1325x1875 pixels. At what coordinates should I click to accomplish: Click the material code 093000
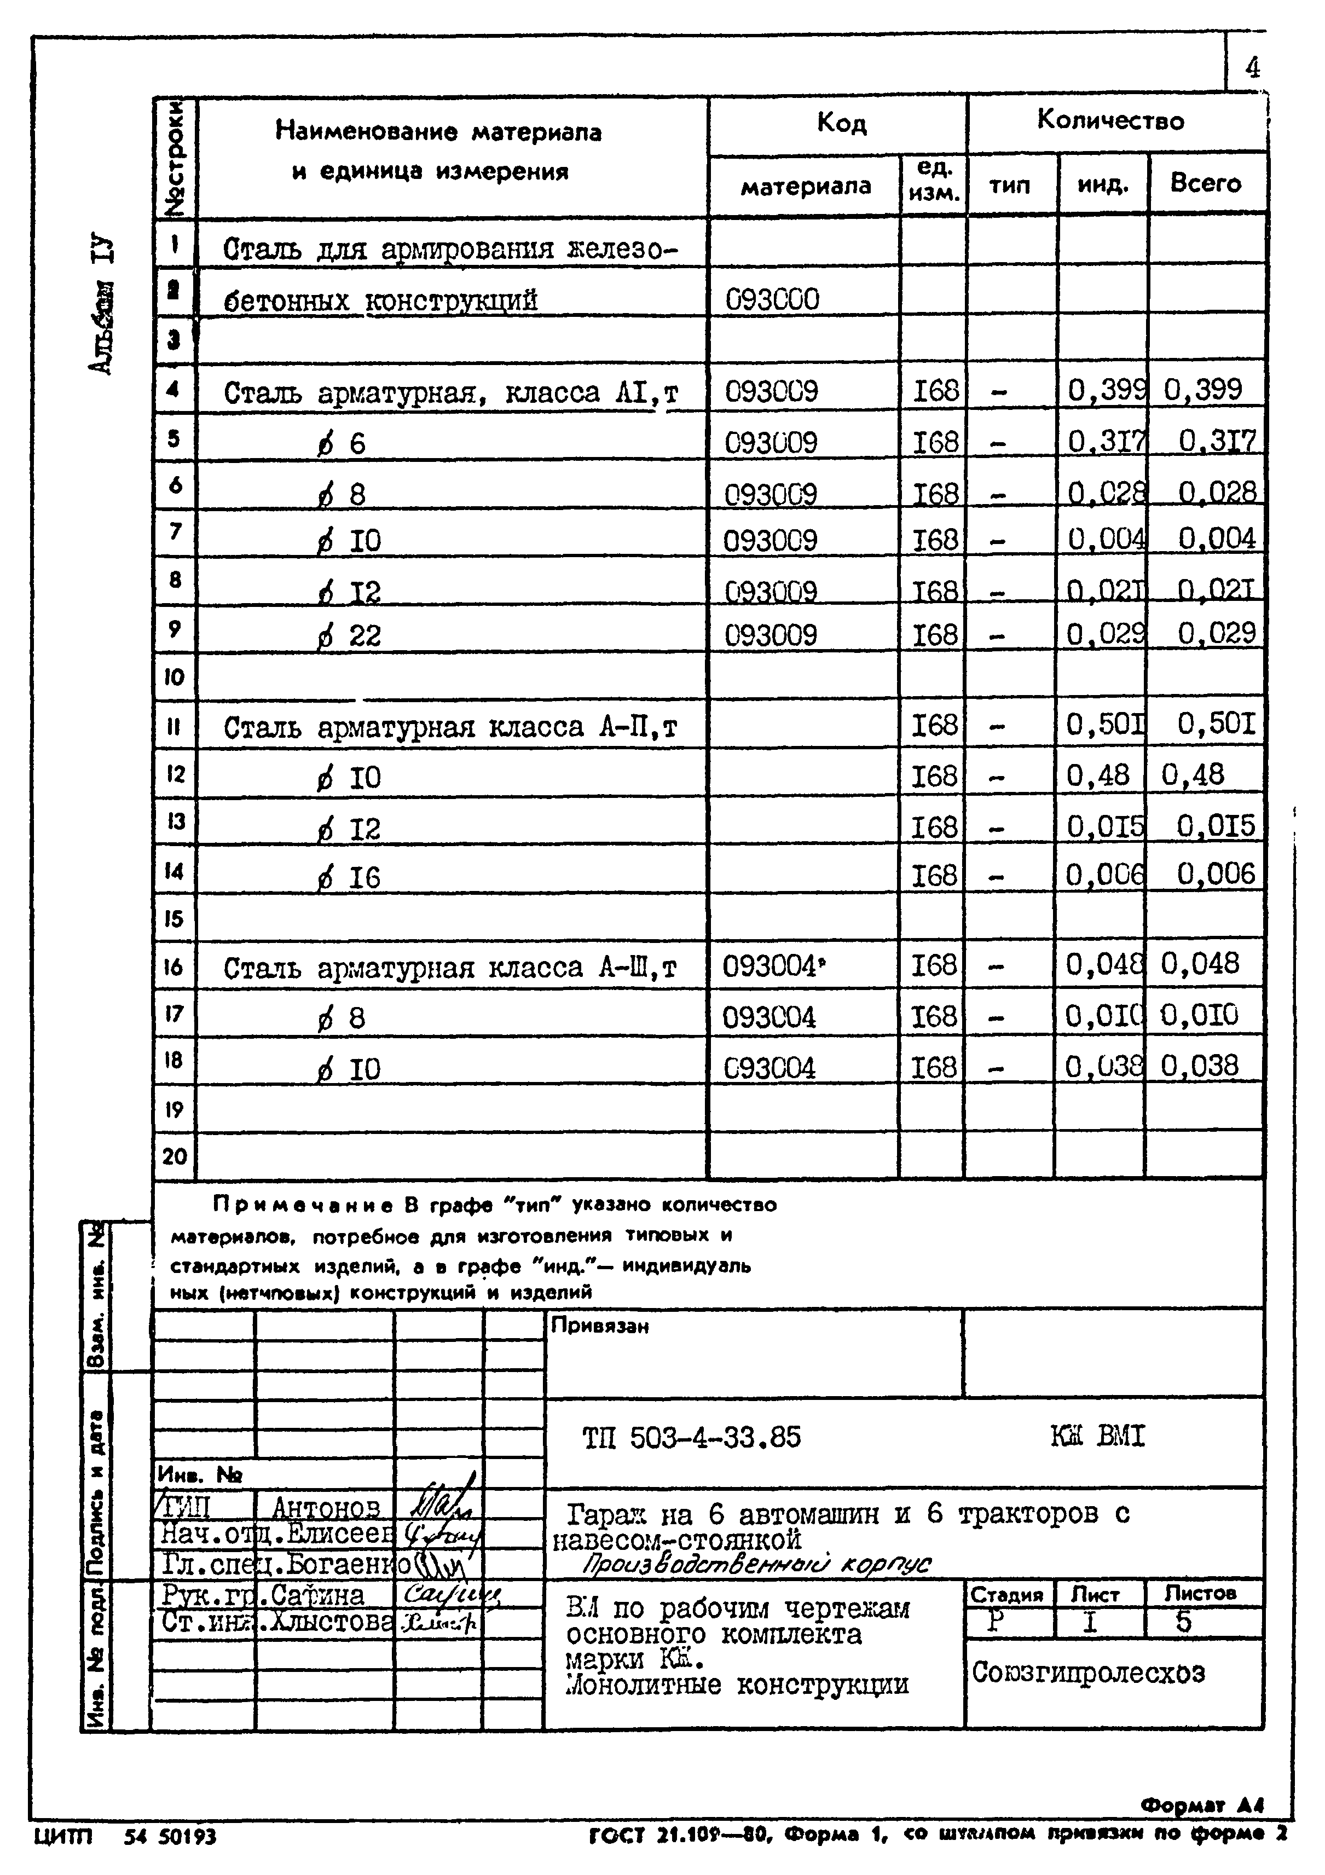[x=772, y=300]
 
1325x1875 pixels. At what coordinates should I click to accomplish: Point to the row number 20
[x=175, y=1156]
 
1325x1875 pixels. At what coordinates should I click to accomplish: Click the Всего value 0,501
[x=1216, y=724]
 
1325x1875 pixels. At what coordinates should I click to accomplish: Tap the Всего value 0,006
[x=1216, y=875]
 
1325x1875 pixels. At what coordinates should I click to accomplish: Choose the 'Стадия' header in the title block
[x=1006, y=1594]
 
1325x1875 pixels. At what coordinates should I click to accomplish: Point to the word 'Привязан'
[x=600, y=1326]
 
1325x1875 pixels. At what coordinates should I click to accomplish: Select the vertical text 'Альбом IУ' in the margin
[x=102, y=306]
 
